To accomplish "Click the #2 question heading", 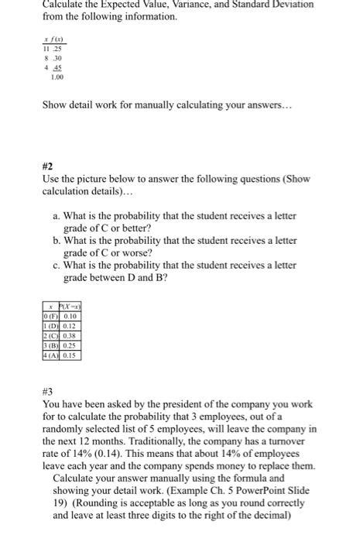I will (x=49, y=164).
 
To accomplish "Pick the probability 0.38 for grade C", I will (x=71, y=336).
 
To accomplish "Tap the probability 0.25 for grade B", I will (x=71, y=345).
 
